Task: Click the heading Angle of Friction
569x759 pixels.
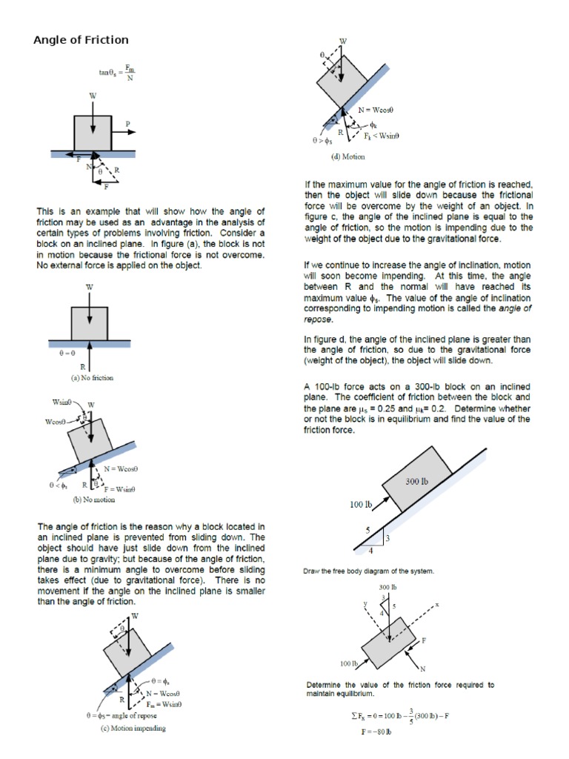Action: click(81, 40)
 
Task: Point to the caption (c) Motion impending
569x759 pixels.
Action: click(133, 728)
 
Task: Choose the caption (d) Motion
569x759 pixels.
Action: click(347, 157)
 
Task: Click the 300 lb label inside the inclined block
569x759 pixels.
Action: click(416, 481)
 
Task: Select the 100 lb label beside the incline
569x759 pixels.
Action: click(361, 506)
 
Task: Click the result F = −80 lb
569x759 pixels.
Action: click(376, 732)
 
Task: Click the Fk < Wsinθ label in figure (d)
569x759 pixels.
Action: click(384, 137)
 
